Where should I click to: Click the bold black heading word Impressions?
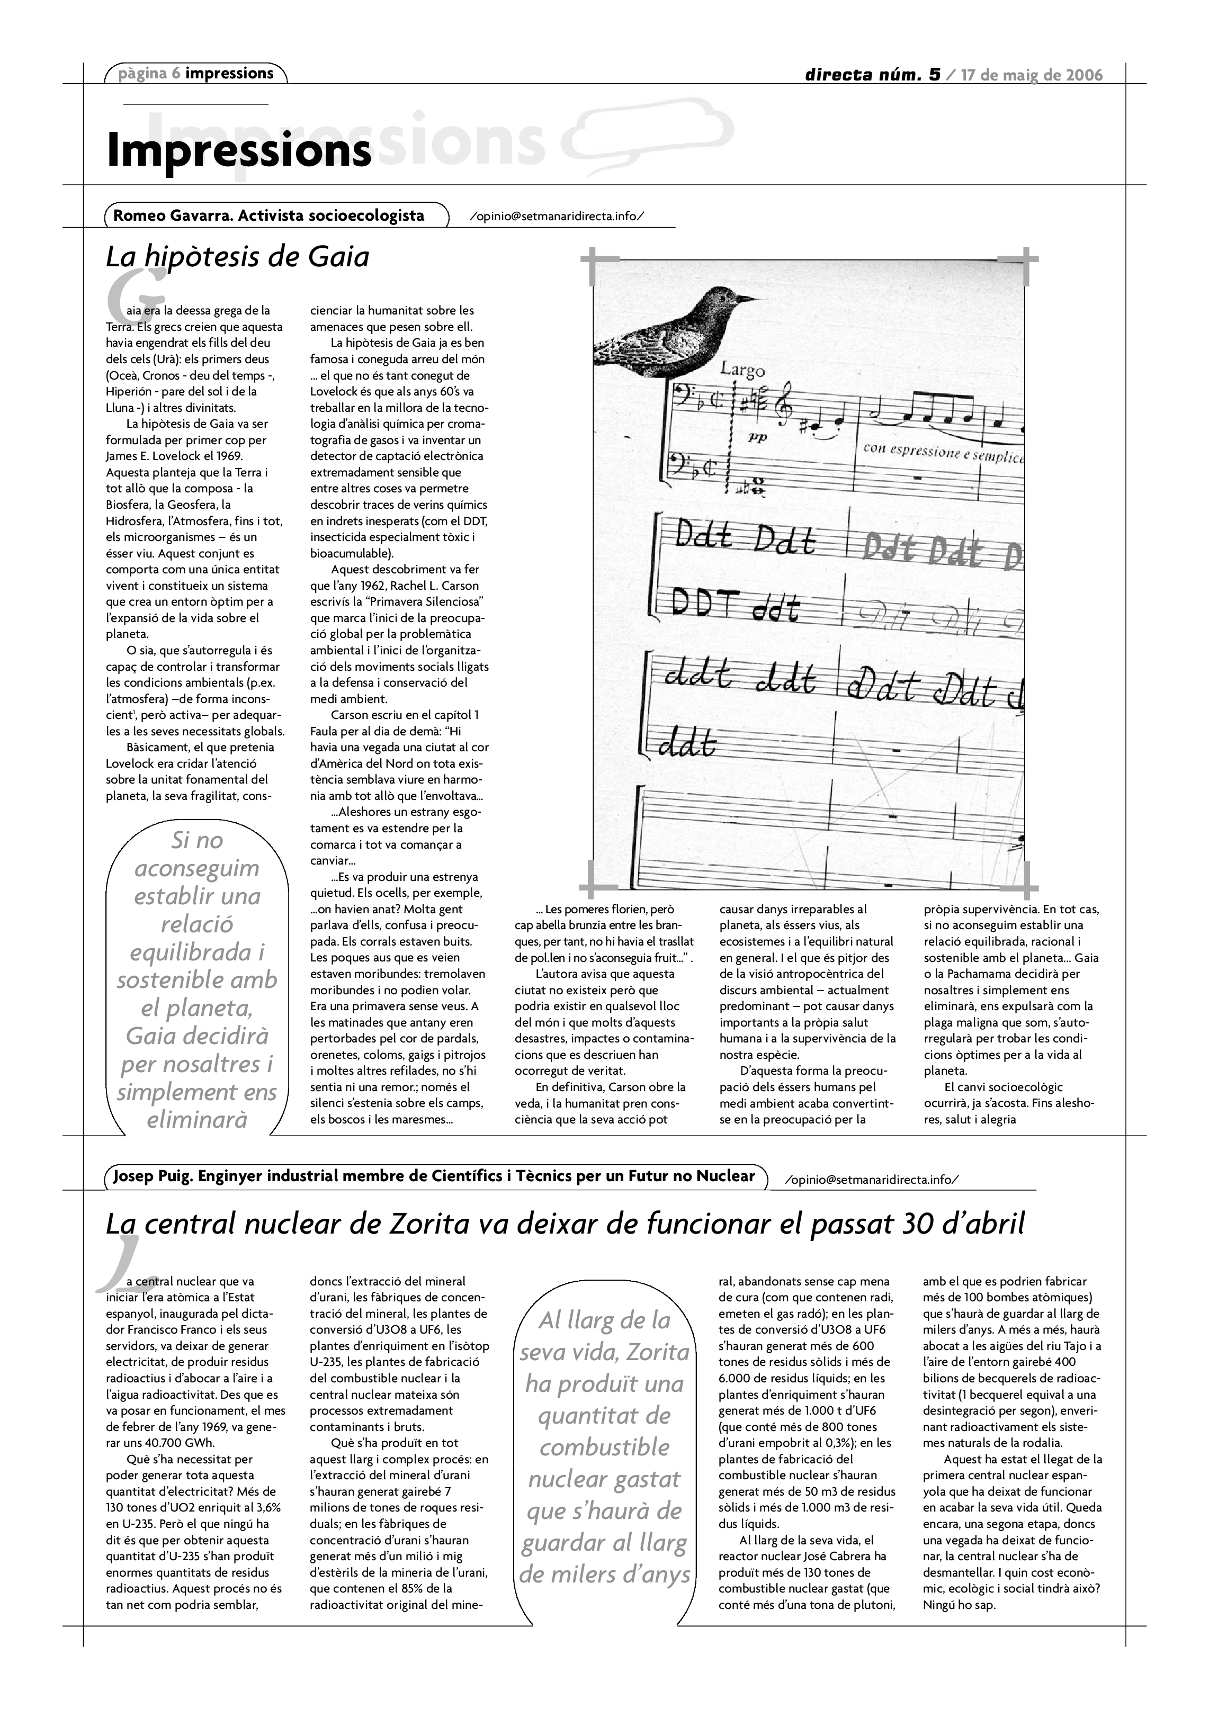tap(238, 150)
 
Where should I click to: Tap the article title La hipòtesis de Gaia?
tap(237, 257)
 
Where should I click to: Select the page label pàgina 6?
tap(149, 73)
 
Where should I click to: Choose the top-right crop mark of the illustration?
tap(1018, 262)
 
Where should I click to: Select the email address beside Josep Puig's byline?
tap(872, 1180)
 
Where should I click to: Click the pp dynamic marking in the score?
tap(757, 438)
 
